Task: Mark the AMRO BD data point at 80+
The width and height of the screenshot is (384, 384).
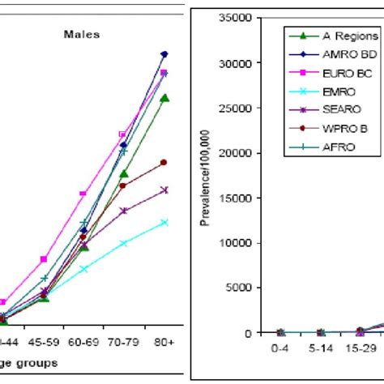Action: [164, 54]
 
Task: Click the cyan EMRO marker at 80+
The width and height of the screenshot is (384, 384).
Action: [164, 222]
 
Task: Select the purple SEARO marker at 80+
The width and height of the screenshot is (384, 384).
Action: [164, 190]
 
